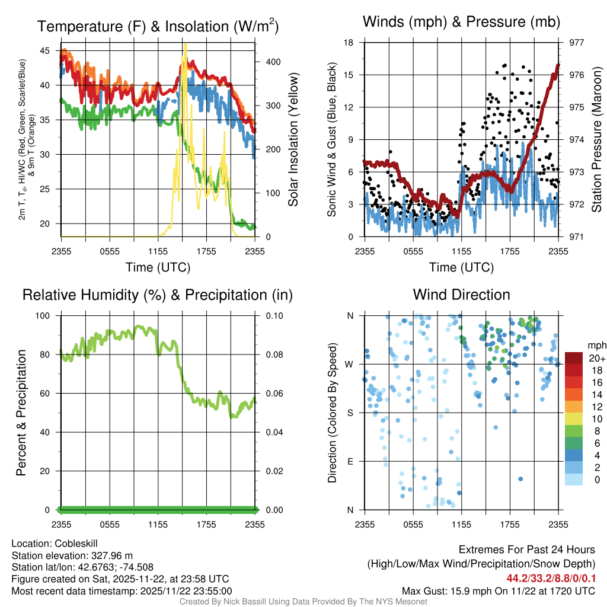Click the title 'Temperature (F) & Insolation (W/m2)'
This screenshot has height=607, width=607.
click(158, 26)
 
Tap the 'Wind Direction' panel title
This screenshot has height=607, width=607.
click(461, 295)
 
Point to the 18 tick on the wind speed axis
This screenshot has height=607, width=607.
click(349, 43)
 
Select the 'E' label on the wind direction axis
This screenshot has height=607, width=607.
click(350, 461)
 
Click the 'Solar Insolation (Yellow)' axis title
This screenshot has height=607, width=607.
click(293, 140)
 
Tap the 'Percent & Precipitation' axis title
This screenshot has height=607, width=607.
click(21, 413)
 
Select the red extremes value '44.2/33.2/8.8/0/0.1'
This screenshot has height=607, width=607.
click(551, 578)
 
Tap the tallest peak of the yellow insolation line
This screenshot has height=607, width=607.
click(186, 45)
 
